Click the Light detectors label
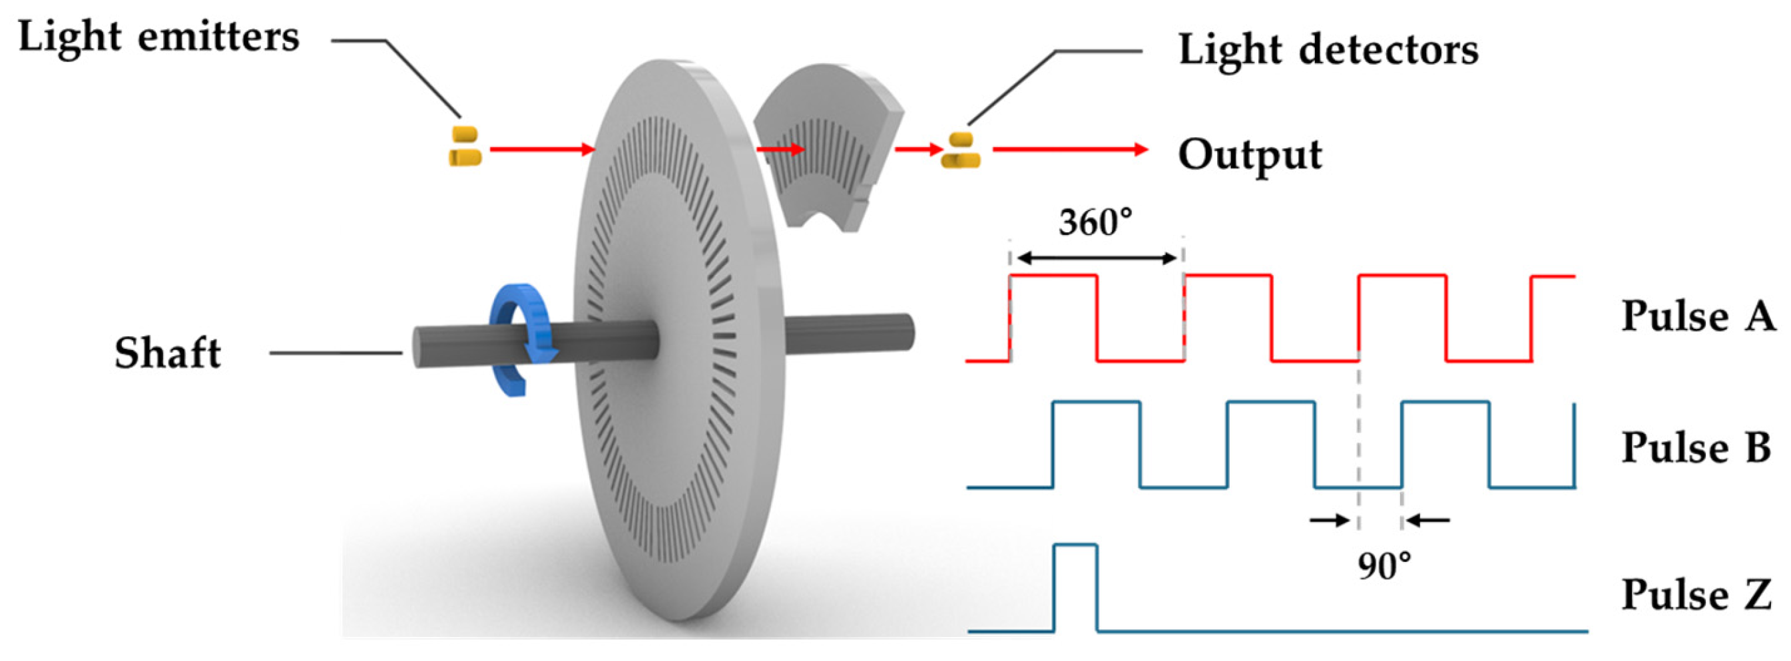tap(1328, 50)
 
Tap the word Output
tap(1250, 154)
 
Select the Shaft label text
tap(168, 352)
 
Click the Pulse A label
tap(1697, 316)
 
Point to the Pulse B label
tap(1696, 447)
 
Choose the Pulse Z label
tap(1696, 594)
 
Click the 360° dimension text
tap(1095, 222)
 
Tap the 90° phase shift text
tap(1384, 566)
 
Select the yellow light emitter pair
tap(465, 146)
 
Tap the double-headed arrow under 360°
tap(1096, 258)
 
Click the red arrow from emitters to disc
tap(543, 149)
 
